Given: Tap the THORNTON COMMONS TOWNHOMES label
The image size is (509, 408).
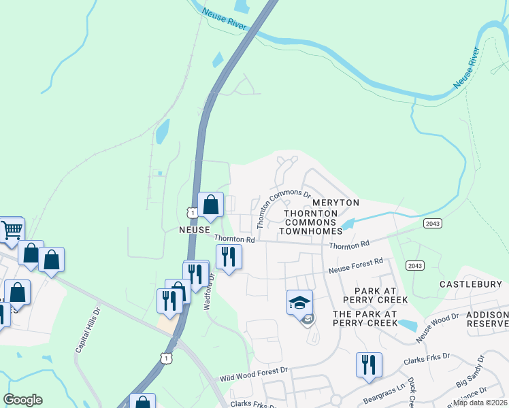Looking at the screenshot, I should pyautogui.click(x=311, y=222).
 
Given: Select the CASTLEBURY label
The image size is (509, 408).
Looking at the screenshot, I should pyautogui.click(x=471, y=284).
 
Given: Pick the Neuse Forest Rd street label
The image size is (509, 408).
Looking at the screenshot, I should pyautogui.click(x=356, y=265).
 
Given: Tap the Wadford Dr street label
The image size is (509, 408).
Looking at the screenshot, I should pyautogui.click(x=211, y=288).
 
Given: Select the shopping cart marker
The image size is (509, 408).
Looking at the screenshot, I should pyautogui.click(x=12, y=231).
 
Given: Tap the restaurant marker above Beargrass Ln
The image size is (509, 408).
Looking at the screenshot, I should pyautogui.click(x=369, y=364).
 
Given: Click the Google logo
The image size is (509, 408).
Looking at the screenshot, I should pyautogui.click(x=22, y=400).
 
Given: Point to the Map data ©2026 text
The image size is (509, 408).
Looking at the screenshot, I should pyautogui.click(x=480, y=403).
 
